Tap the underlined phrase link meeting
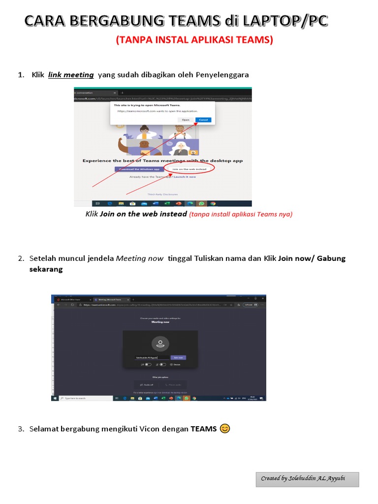tap(71, 75)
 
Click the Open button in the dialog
tap(186, 120)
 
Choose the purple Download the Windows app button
tap(139, 169)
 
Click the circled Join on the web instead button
tap(190, 169)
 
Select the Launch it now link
tap(185, 177)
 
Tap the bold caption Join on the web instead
tap(143, 214)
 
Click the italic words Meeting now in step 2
tap(139, 258)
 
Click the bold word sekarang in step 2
tap(46, 269)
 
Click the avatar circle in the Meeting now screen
tap(160, 344)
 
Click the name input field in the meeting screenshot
tap(152, 358)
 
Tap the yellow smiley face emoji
tap(224, 428)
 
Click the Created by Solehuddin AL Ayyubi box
tap(307, 479)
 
